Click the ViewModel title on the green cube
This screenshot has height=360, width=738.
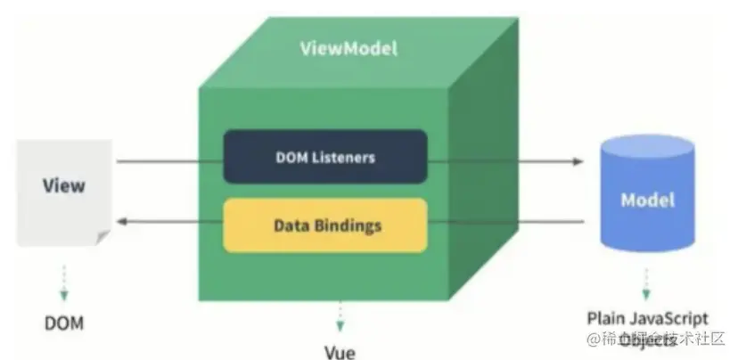(x=348, y=48)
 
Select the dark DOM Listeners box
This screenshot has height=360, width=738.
(x=324, y=158)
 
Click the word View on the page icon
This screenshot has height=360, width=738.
(x=64, y=186)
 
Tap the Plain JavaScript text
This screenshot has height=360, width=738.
(x=647, y=318)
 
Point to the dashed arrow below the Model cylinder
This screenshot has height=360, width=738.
(x=646, y=287)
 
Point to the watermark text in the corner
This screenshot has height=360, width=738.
(x=655, y=340)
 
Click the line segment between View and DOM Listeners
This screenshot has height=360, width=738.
(x=169, y=162)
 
